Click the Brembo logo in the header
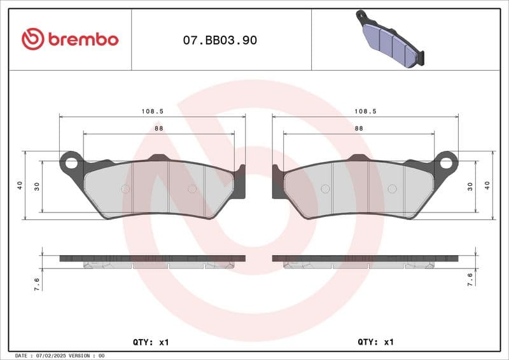pos(69,39)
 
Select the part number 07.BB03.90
pos(220,40)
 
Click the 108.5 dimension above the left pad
pos(153,111)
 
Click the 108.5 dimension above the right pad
pos(365,111)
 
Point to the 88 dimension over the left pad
pos(158,128)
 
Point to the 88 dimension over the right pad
pos(359,128)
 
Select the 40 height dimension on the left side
pos(20,186)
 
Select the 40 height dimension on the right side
pos(488,186)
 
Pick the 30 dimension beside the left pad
pos(37,186)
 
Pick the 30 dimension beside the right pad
pos(471,186)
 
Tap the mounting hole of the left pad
pos(71,163)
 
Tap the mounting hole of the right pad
pos(446,163)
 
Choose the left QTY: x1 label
pos(151,342)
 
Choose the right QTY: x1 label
pos(376,342)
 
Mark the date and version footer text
pos(59,356)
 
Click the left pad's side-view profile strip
pos(152,259)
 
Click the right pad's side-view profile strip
pos(365,259)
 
